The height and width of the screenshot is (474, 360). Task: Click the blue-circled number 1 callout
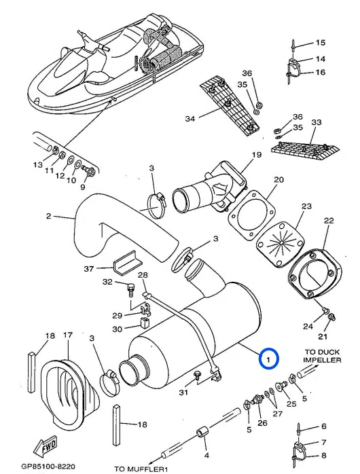[268, 357]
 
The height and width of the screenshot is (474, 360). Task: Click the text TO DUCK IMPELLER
[322, 356]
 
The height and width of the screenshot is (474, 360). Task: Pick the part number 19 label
[257, 156]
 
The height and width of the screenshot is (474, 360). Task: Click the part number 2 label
[48, 217]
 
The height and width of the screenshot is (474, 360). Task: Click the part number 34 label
[190, 119]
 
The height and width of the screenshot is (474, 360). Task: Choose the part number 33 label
[316, 122]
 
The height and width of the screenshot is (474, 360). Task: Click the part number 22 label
[329, 221]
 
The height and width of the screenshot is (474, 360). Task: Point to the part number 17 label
[67, 335]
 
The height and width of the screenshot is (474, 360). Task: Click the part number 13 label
[38, 165]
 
